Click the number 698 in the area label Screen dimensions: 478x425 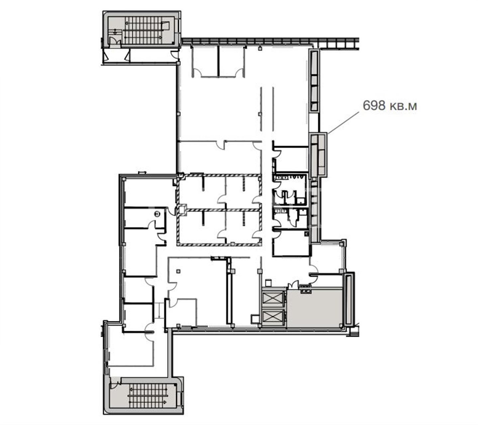pos(374,105)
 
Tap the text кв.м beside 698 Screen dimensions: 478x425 pos(403,106)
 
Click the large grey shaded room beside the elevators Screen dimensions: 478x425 pos(314,308)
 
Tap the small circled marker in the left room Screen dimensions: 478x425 pos(157,214)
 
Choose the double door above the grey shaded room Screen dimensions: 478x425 pos(293,285)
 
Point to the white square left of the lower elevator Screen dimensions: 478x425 pos(255,319)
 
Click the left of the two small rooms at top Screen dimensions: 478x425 pos(205,61)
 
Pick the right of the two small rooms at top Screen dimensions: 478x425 pos(231,61)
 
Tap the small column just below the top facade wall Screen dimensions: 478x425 pos(260,48)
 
